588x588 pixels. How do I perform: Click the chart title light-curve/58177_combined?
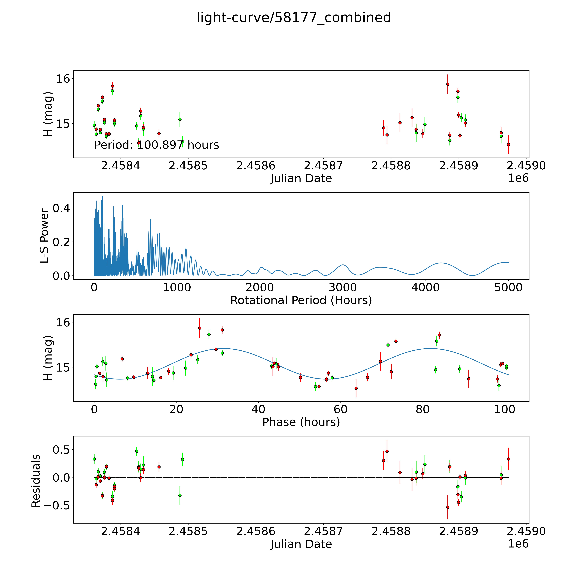pos(294,18)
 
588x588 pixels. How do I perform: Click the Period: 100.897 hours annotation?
pos(156,145)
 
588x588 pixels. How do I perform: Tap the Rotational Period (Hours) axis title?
pos(301,300)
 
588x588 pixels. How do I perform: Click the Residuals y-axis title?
pos(36,481)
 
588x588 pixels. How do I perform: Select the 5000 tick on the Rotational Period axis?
pos(508,287)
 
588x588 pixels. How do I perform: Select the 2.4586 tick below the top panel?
pos(256,166)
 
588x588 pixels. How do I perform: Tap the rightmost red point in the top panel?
pos(508,145)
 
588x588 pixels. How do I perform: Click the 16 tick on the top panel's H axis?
pos(63,79)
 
